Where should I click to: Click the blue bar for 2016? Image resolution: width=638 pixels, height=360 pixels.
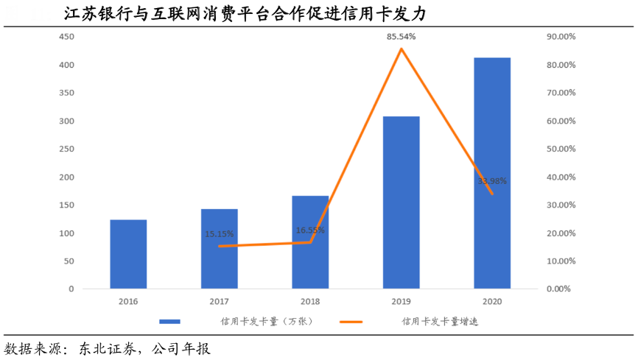click(128, 254)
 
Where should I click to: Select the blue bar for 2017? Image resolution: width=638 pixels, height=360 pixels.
click(220, 249)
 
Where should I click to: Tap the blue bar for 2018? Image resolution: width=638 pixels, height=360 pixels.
click(310, 242)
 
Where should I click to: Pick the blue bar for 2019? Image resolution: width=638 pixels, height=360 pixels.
click(402, 202)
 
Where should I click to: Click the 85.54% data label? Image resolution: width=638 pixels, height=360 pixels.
click(402, 37)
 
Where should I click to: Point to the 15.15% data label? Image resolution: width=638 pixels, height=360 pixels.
click(220, 234)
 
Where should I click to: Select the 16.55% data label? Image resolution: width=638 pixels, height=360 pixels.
click(310, 230)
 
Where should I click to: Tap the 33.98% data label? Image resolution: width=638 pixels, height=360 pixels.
click(492, 180)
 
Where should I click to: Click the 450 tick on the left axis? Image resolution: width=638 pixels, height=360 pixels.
click(67, 37)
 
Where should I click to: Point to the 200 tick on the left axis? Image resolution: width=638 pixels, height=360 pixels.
click(67, 177)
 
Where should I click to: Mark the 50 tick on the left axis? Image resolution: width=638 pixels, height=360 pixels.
click(69, 261)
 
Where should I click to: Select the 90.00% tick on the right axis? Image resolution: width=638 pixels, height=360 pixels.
click(561, 37)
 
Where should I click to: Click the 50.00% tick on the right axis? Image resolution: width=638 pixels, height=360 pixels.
click(561, 149)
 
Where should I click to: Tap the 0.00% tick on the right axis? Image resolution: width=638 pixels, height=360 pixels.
click(558, 289)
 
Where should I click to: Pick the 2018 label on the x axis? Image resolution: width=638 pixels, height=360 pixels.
click(310, 301)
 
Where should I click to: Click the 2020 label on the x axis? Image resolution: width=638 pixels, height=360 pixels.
click(492, 301)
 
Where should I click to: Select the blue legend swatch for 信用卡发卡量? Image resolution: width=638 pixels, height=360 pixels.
click(170, 322)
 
